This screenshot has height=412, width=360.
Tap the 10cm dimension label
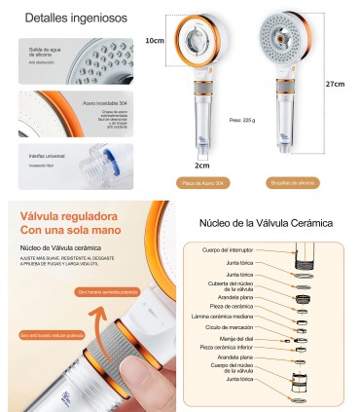tap(154, 42)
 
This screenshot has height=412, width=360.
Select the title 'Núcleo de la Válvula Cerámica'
tap(264, 221)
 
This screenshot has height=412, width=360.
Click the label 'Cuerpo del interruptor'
tap(229, 250)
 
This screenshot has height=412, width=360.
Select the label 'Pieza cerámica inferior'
tap(227, 348)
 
